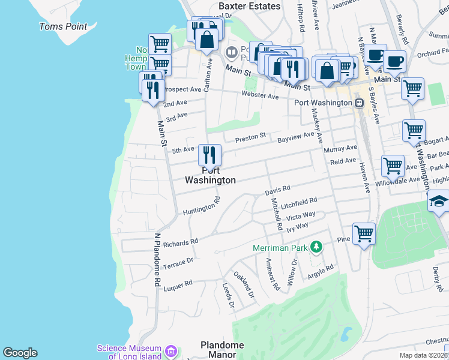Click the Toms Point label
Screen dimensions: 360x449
point(63,26)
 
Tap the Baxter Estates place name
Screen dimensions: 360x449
point(249,6)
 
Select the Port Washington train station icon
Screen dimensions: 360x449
point(359,103)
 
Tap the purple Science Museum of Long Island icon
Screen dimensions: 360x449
point(170,351)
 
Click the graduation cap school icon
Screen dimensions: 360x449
point(439,202)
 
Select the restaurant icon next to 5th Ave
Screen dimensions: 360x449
point(210,155)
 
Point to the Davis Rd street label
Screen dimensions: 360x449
point(277,190)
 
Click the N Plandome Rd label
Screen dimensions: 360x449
point(158,259)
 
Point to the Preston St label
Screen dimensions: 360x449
point(250,138)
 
